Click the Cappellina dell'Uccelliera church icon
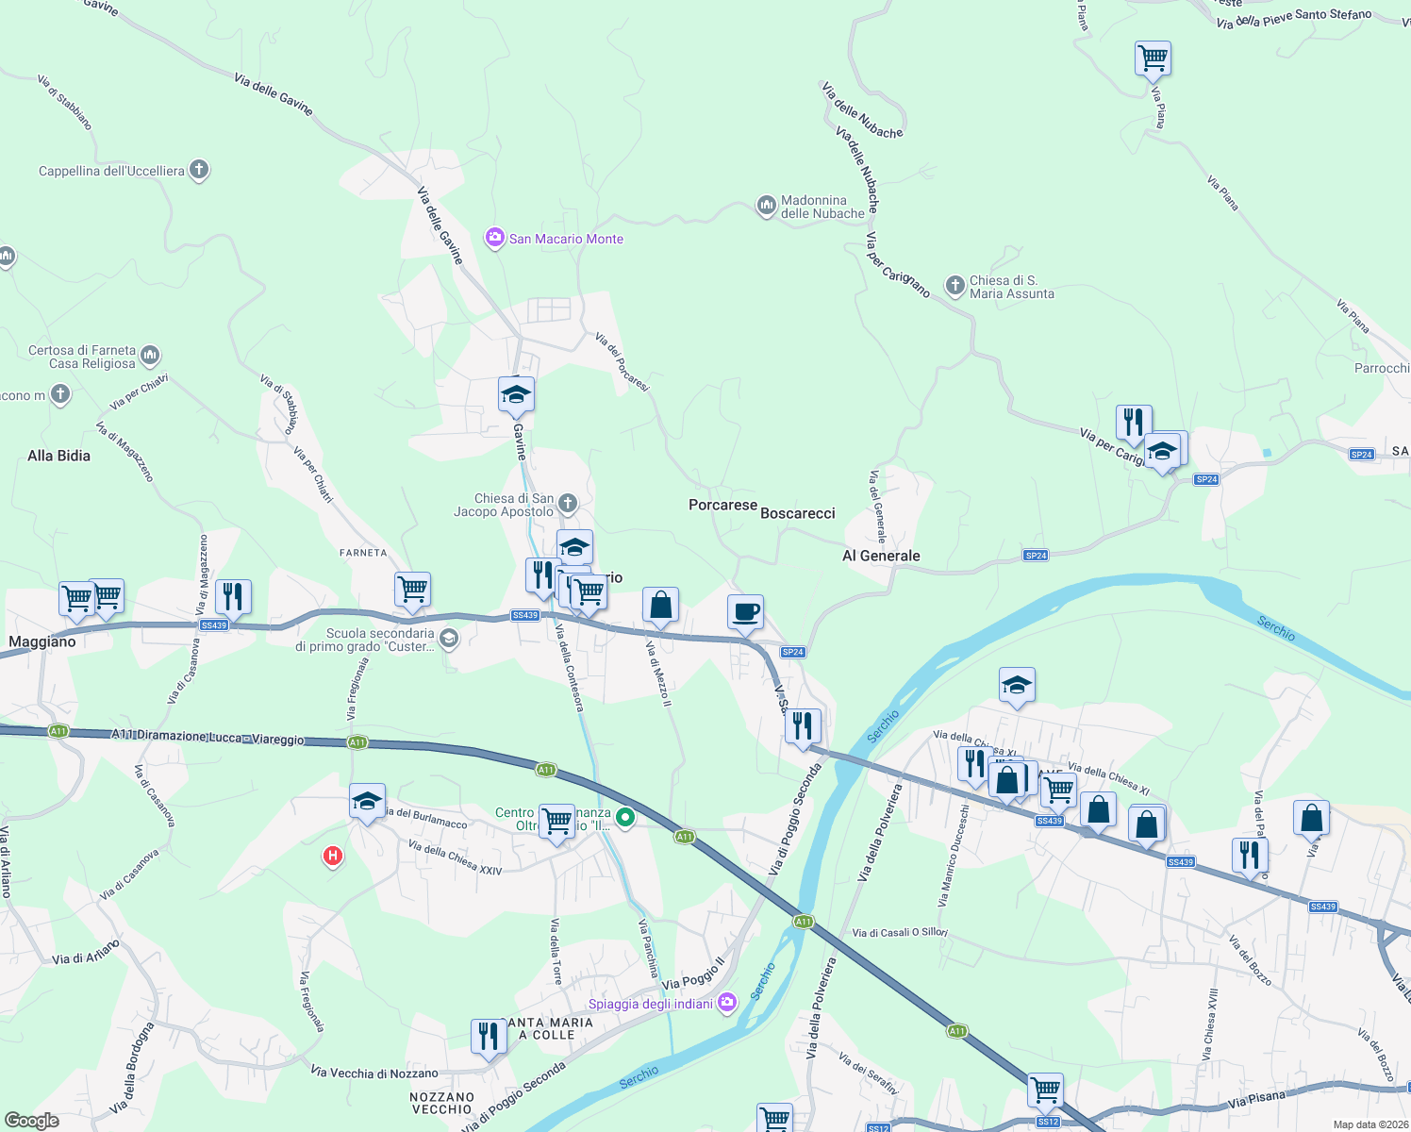point(198,170)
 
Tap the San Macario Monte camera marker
point(495,239)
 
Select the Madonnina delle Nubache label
point(822,207)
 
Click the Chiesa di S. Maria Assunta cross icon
point(954,285)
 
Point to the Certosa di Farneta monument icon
point(150,356)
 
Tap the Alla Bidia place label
point(58,456)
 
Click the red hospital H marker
point(332,857)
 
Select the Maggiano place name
point(42,641)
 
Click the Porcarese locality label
point(722,506)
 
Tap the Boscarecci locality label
point(798,513)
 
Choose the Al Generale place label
point(881,556)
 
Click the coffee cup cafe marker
point(745,611)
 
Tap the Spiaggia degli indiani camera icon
point(726,1002)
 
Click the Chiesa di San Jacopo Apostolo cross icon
point(567,503)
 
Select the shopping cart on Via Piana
point(1153,58)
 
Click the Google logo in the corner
point(31,1121)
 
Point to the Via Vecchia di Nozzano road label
point(374,1073)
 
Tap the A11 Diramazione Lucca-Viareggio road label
point(208,737)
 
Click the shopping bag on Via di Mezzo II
point(660,605)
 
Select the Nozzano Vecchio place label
point(441,1103)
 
